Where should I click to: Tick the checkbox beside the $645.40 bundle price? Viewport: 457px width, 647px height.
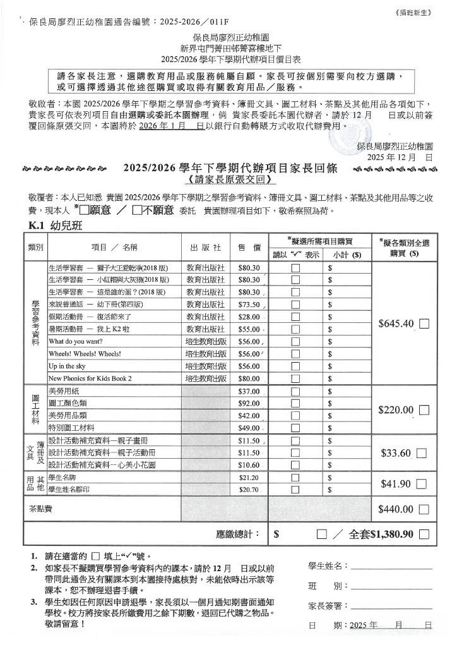424,323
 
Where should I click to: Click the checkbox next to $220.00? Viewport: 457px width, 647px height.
424,409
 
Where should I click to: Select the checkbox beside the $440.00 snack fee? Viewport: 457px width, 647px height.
424,509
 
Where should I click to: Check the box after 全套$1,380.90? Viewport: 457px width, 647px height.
424,534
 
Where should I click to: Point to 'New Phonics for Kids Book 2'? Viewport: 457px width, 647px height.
90,378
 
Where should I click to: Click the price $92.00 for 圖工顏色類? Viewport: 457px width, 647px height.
249,403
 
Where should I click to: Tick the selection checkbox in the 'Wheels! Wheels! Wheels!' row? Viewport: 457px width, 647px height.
295,354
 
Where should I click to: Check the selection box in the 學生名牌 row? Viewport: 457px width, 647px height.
295,477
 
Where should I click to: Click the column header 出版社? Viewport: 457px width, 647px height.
205,249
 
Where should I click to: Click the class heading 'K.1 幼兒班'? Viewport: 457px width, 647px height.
56,226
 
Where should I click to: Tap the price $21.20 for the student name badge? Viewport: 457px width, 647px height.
249,477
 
